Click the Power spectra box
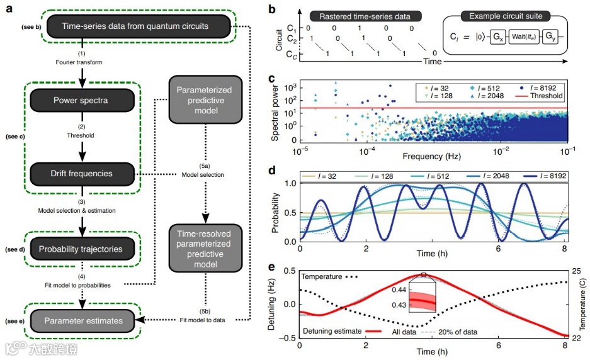point(81,100)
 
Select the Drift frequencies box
point(81,173)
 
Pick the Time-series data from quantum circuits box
point(135,26)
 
